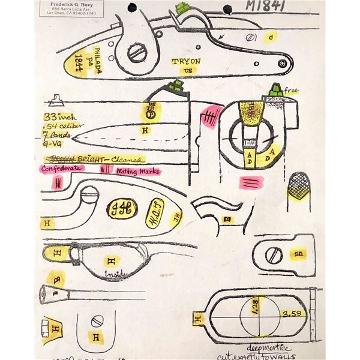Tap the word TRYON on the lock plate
[x=186, y=61]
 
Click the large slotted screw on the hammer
[x=138, y=53]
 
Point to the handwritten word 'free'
[x=292, y=91]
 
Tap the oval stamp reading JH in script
[x=121, y=208]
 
